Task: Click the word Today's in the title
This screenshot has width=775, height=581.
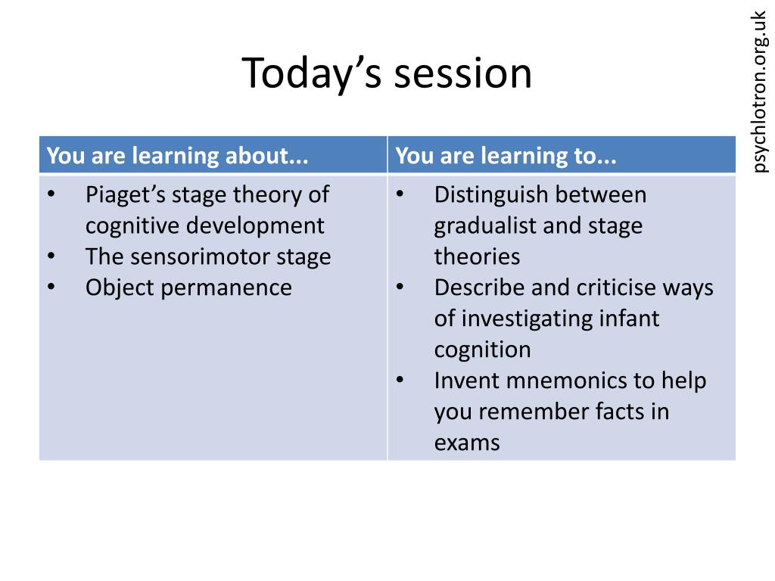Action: click(x=312, y=73)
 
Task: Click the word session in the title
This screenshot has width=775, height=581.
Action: click(x=463, y=73)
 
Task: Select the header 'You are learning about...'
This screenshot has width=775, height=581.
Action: click(x=177, y=156)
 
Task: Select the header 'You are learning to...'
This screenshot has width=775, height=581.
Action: click(x=506, y=156)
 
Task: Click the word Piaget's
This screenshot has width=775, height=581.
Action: click(x=126, y=194)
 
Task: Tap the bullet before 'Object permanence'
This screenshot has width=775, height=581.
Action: click(x=51, y=287)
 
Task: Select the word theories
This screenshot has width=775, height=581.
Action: click(x=478, y=256)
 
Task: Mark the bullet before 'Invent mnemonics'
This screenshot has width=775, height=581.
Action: click(x=400, y=380)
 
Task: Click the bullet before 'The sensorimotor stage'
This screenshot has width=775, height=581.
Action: click(x=51, y=256)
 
